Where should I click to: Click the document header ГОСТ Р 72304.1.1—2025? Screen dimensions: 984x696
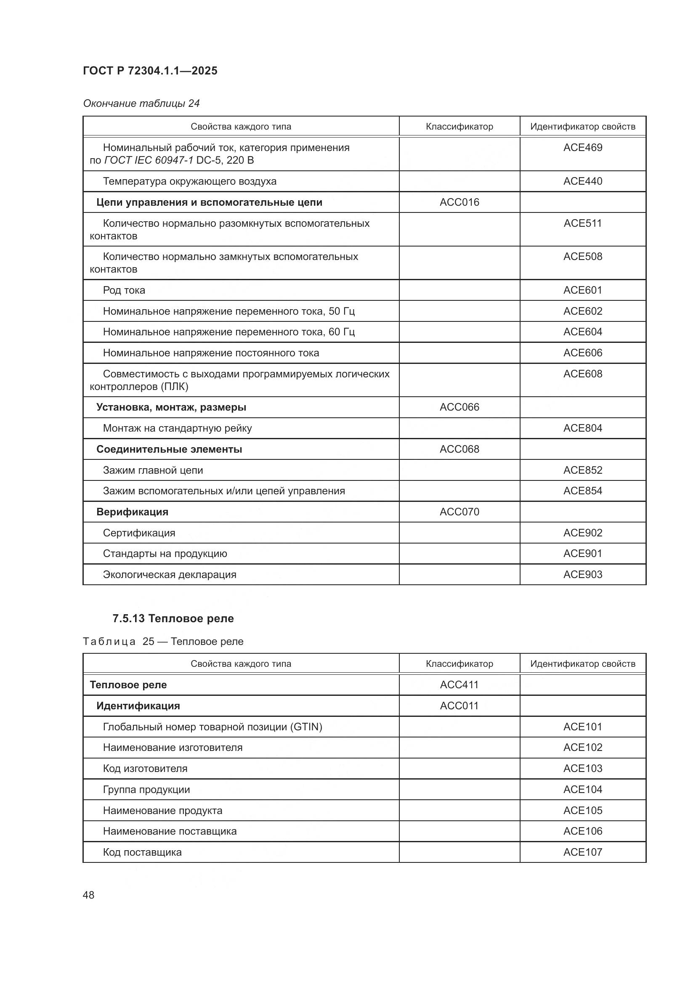click(150, 71)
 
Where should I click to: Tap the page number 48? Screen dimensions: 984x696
click(88, 895)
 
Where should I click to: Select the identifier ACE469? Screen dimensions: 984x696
click(582, 147)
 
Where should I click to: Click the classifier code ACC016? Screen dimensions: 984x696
click(459, 202)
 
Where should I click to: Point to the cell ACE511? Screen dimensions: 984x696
click(582, 223)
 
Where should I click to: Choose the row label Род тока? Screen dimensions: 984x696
click(124, 290)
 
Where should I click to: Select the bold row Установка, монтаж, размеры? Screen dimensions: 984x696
click(171, 407)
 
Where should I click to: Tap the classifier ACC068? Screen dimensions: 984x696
click(459, 449)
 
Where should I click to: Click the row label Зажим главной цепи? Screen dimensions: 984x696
click(153, 470)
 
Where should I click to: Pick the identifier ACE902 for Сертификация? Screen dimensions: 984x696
click(582, 533)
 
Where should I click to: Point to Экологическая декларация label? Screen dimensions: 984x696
click(169, 575)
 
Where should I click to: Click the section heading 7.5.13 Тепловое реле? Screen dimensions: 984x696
click(173, 618)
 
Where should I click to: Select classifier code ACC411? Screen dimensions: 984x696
click(459, 685)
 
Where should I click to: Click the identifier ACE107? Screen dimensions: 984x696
click(582, 852)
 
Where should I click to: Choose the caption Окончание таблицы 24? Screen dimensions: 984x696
click(141, 103)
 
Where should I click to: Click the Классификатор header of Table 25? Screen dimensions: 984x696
click(459, 664)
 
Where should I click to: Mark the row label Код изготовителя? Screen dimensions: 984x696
click(145, 769)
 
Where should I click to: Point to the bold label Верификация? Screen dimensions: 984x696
click(132, 512)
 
